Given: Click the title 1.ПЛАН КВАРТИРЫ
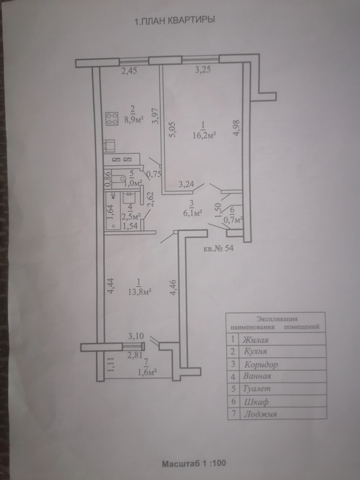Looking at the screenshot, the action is pos(175,20).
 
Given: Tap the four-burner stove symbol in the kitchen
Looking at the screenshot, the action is pos(112,119).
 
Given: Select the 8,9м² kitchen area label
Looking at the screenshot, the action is pos(134,120).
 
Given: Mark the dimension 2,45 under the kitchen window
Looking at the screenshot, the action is pos(129,71).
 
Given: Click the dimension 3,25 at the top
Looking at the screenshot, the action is pos(203,70).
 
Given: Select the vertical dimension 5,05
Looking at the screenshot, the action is pos(172,130).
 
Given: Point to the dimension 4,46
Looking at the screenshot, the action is pos(173,287).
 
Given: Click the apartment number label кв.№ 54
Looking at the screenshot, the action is pos(218,248).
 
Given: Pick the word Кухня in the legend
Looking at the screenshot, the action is pos(255,351).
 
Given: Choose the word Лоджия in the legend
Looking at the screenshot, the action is pos(260,414).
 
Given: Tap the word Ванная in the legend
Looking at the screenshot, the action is pos(257,376).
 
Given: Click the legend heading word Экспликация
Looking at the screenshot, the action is pos(277,319).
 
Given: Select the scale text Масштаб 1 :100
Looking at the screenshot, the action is pos(194,463).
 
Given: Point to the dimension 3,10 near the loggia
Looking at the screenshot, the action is pos(136,336).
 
